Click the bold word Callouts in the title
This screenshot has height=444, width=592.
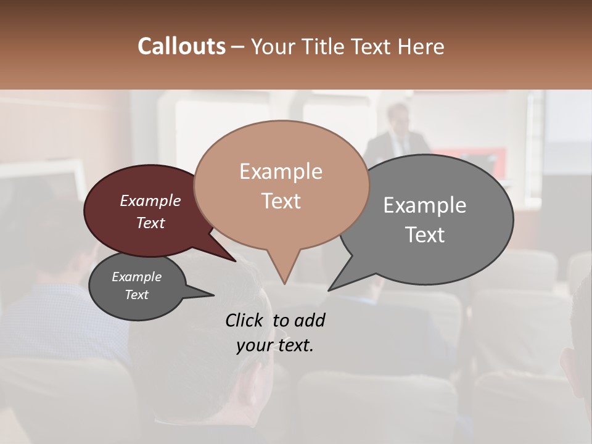click(181, 46)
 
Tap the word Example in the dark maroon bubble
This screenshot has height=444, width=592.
click(150, 200)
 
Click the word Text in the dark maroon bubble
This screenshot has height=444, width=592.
click(150, 223)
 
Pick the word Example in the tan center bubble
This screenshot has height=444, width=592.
click(281, 171)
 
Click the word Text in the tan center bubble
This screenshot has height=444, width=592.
click(281, 201)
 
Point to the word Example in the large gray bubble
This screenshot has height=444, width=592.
click(425, 205)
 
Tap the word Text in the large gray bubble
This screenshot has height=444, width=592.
click(425, 234)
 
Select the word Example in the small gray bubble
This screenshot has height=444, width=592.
click(136, 277)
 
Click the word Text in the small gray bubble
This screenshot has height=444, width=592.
click(136, 295)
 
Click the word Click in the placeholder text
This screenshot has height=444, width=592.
click(247, 320)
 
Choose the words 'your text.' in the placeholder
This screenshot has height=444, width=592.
click(275, 345)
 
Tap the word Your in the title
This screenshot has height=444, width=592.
click(272, 46)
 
